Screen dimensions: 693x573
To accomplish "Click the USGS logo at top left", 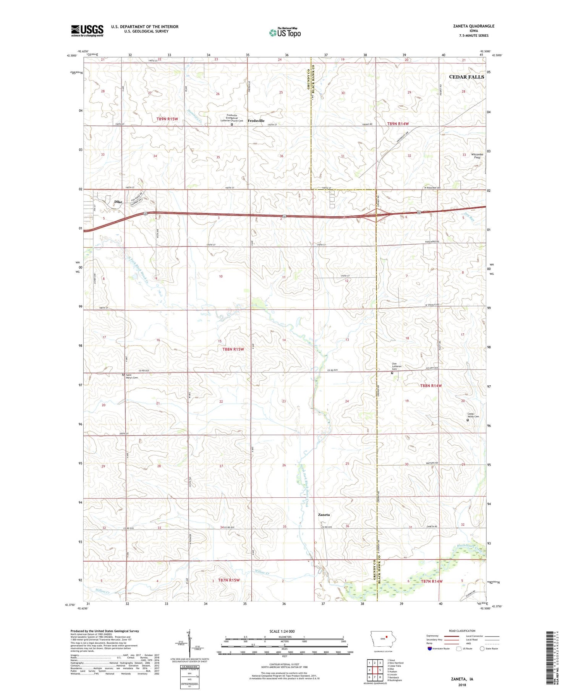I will click(87, 31).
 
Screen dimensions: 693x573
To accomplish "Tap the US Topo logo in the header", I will click(285, 33).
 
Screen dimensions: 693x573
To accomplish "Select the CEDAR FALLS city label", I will click(466, 77).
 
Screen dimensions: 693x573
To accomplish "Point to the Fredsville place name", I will click(256, 121).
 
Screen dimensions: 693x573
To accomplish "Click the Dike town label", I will click(118, 202).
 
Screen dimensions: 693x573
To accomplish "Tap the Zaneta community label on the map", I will click(324, 515).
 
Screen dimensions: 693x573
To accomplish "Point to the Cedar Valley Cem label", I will click(473, 415).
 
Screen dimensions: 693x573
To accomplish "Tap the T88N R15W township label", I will click(233, 349).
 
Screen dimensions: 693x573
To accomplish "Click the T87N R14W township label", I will click(431, 581).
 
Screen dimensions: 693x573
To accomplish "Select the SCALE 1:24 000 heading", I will click(282, 631).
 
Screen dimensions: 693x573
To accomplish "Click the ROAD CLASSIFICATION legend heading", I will click(462, 631).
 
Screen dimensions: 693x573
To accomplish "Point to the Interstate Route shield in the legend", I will click(430, 649).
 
